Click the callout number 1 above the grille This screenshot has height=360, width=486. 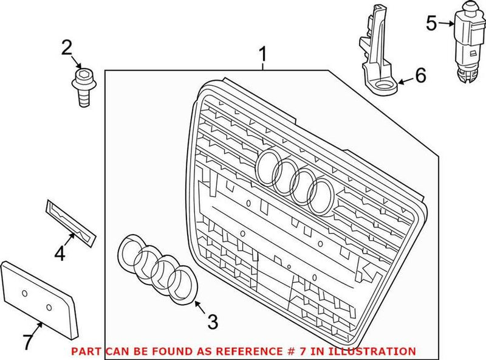coord(262,55)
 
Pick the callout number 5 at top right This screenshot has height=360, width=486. coord(431,24)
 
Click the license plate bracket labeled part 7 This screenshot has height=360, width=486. coord(39,298)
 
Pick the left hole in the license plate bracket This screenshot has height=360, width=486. coord(25,293)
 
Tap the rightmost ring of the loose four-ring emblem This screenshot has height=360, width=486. coord(180,283)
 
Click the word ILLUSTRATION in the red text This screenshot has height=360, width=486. coord(376,351)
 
